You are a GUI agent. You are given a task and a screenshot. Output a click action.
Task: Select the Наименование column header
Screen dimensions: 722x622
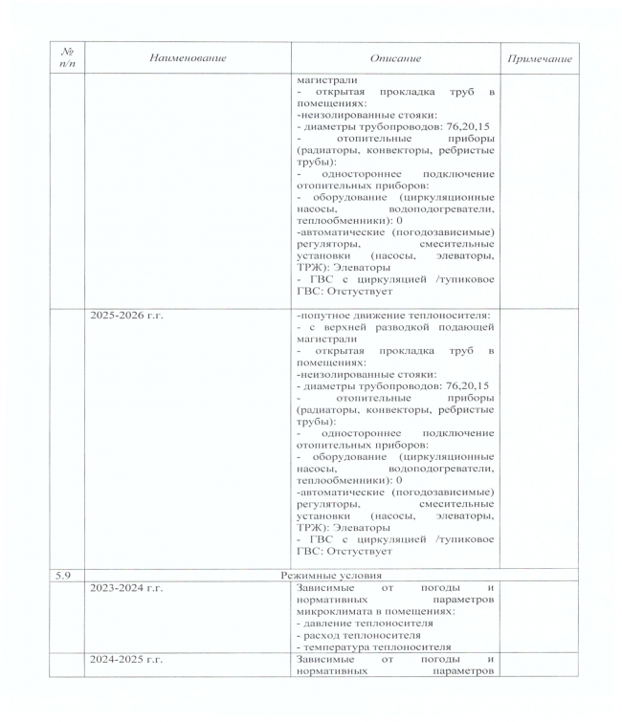pos(188,59)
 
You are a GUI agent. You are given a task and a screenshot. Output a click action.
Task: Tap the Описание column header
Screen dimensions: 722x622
pos(394,59)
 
